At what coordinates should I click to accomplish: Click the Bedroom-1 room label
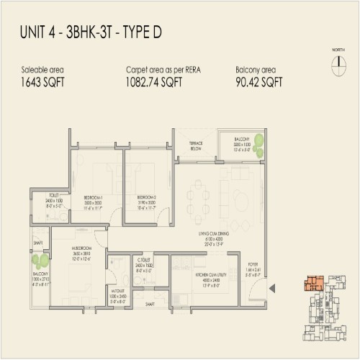[x=94, y=197]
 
